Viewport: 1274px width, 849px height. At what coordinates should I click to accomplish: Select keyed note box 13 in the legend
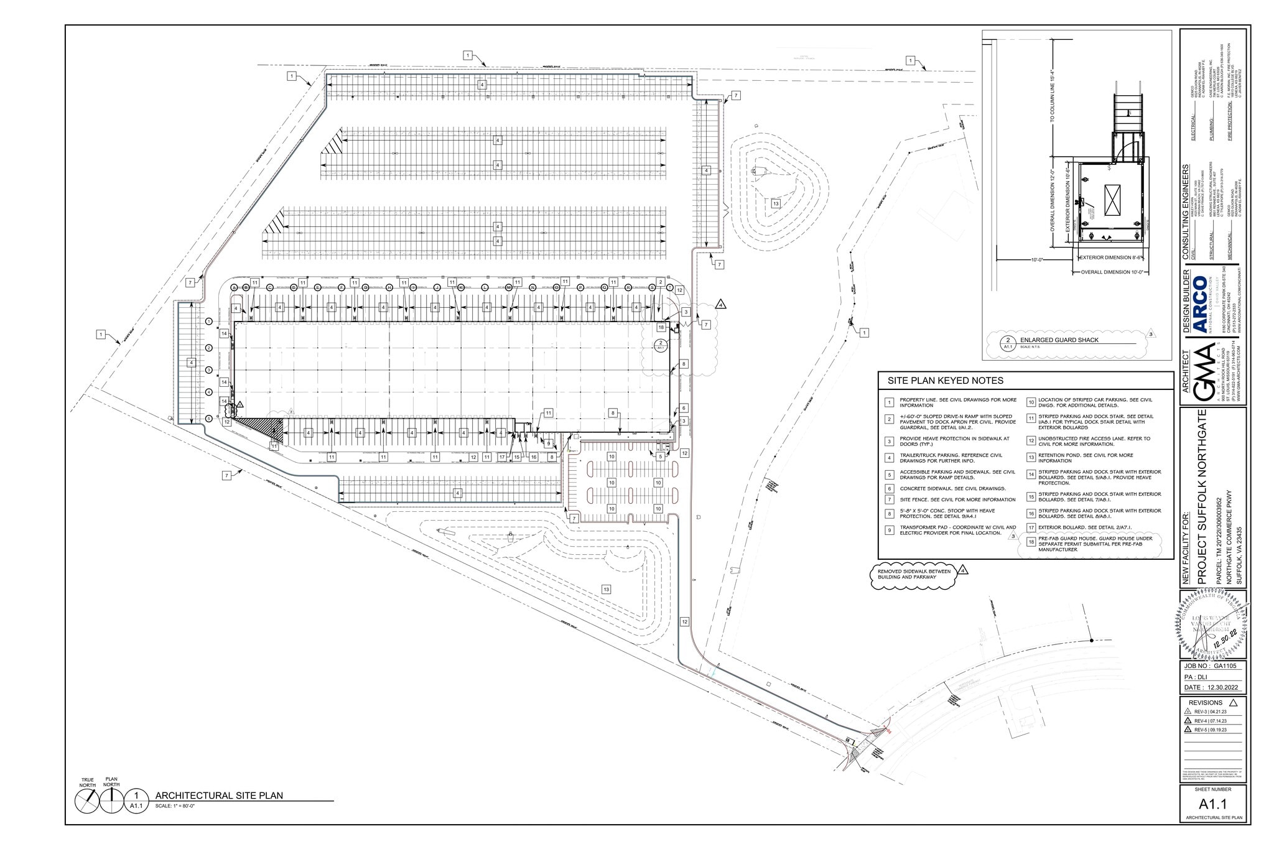1031,458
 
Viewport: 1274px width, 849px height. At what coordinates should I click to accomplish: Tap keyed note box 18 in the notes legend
1031,542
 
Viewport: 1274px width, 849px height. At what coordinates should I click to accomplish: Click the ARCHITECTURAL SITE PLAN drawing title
219,795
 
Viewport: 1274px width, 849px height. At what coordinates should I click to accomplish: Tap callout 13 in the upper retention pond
775,203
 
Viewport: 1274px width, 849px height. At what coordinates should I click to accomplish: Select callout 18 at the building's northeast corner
661,327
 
